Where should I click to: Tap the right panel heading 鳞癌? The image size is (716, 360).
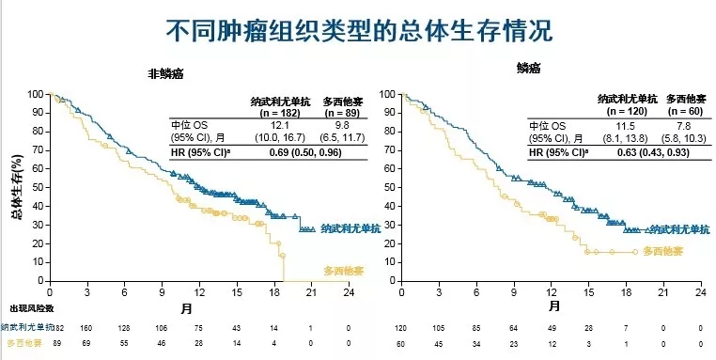coord(528,68)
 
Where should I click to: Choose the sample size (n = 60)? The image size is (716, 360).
coord(685,112)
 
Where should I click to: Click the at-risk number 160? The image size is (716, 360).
coord(86,327)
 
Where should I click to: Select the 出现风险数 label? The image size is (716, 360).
coord(31,308)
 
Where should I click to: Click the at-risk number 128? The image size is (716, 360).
coord(123,327)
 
